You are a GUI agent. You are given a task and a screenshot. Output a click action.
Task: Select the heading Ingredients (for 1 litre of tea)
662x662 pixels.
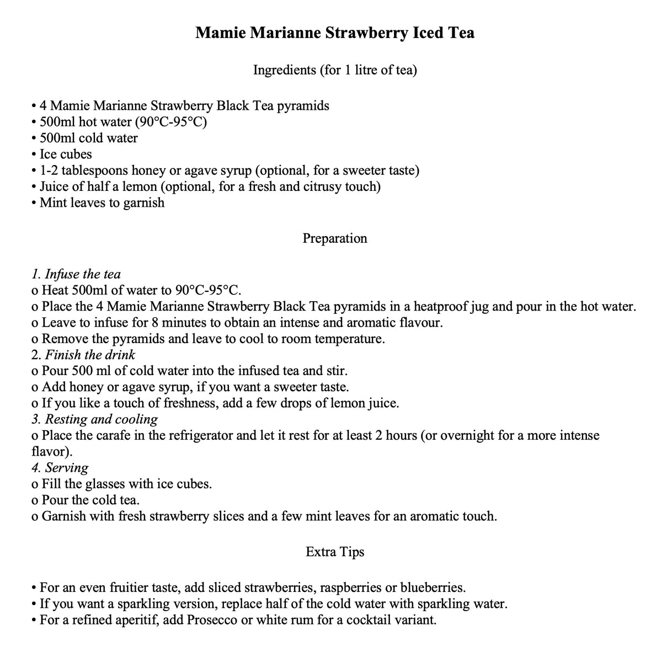335,70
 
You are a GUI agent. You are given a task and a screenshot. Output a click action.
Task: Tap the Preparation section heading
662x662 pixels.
335,238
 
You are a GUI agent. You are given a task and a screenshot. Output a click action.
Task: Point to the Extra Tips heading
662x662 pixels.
335,552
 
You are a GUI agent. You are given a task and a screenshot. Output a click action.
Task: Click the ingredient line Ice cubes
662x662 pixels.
66,154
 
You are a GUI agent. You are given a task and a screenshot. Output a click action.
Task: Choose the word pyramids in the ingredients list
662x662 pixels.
302,105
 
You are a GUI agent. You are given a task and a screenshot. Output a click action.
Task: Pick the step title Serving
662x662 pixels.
66,468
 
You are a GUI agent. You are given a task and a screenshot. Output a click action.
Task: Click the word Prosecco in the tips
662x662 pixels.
212,620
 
